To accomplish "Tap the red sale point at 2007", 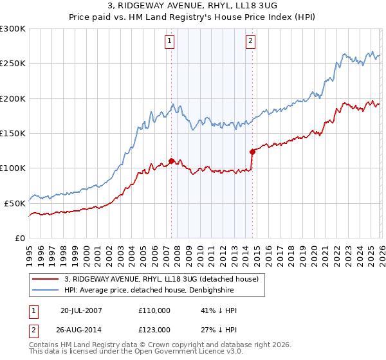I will click(x=171, y=161).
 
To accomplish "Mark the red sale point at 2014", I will click(x=252, y=152).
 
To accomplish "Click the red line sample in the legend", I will click(x=45, y=279).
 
